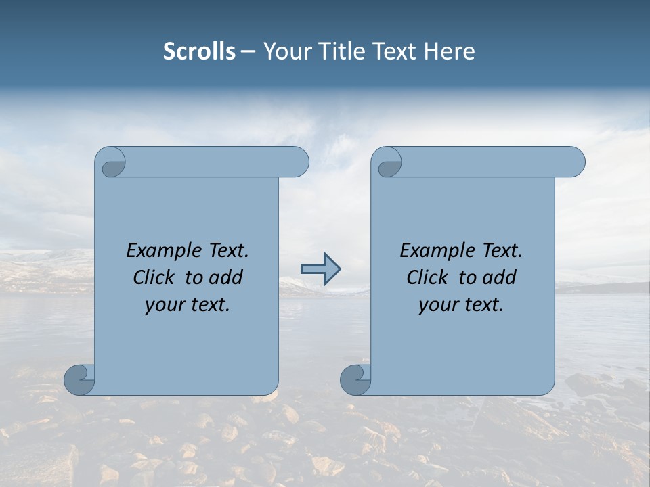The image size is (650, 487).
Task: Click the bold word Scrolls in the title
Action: [x=199, y=51]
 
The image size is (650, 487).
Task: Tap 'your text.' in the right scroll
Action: [x=461, y=304]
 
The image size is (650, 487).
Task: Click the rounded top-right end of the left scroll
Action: [x=298, y=162]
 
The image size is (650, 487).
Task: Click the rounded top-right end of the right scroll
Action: [x=574, y=162]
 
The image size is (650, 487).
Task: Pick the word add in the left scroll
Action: [x=226, y=277]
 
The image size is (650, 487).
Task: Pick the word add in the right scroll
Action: [x=500, y=277]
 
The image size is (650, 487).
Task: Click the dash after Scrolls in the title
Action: [x=248, y=52]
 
